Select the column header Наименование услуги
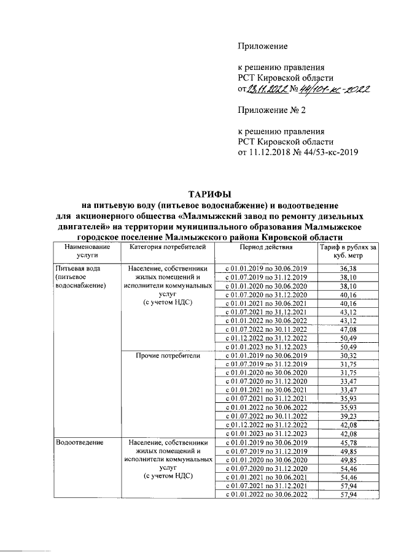click(x=79, y=251)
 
